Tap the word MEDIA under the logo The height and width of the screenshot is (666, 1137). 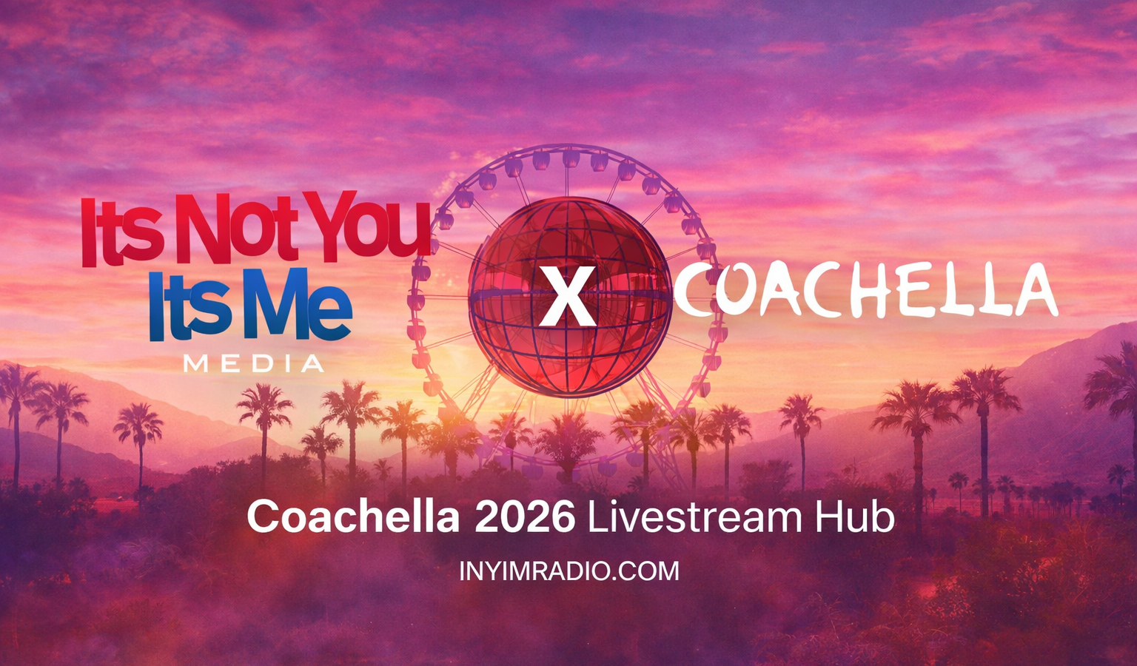coord(253,363)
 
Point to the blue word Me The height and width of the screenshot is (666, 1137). coord(298,305)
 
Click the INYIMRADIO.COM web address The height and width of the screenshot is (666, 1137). coord(569,571)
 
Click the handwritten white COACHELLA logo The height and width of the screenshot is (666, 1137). coord(865,290)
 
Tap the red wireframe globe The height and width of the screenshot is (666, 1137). coord(569,297)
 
